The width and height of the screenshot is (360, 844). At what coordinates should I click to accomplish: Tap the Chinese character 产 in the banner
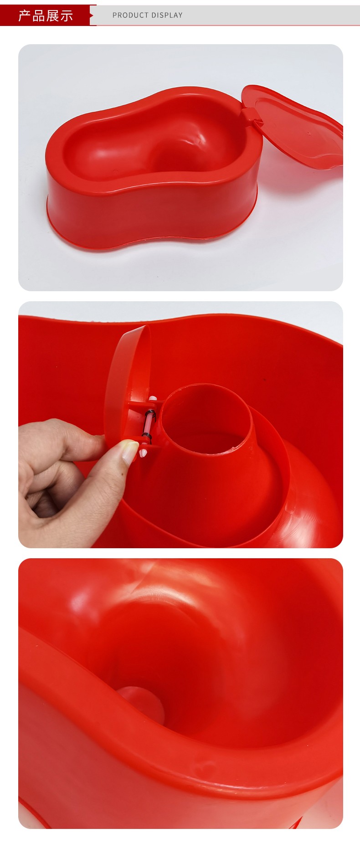[25, 15]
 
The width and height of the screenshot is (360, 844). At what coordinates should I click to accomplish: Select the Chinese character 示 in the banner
[66, 15]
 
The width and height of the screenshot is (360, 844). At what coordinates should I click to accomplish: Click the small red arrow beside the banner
[92, 15]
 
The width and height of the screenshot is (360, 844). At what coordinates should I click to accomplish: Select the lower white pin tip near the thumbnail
[143, 453]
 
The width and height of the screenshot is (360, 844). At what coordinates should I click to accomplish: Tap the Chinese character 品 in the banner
[39, 15]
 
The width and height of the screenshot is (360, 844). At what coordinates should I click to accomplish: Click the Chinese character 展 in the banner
[52, 15]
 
